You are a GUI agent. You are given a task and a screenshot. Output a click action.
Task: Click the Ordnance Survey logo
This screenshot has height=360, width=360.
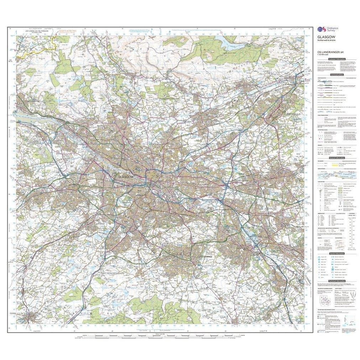pyautogui.click(x=325, y=30)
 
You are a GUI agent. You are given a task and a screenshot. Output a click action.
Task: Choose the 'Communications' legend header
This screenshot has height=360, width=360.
pyautogui.click(x=336, y=75)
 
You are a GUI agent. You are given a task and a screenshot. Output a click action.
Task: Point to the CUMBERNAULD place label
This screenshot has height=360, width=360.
pyautogui.click(x=294, y=113)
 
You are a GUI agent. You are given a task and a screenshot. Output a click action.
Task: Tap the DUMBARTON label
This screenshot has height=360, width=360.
pyautogui.click(x=34, y=101)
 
